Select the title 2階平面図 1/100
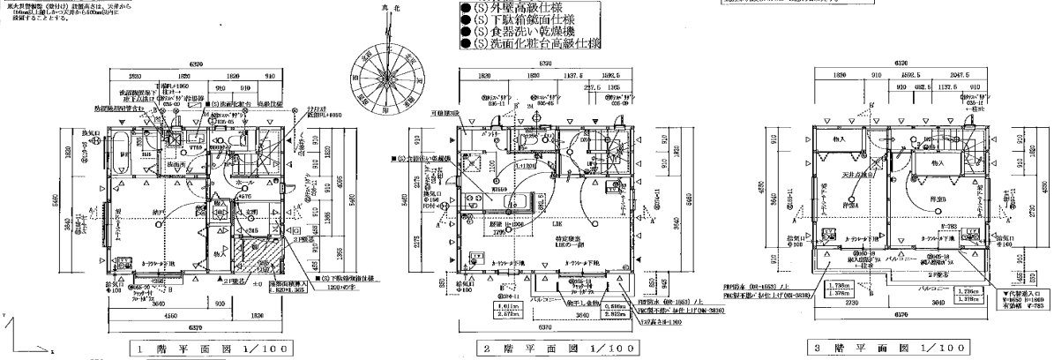pyautogui.click(x=547, y=346)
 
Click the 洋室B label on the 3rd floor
pyautogui.click(x=937, y=199)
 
